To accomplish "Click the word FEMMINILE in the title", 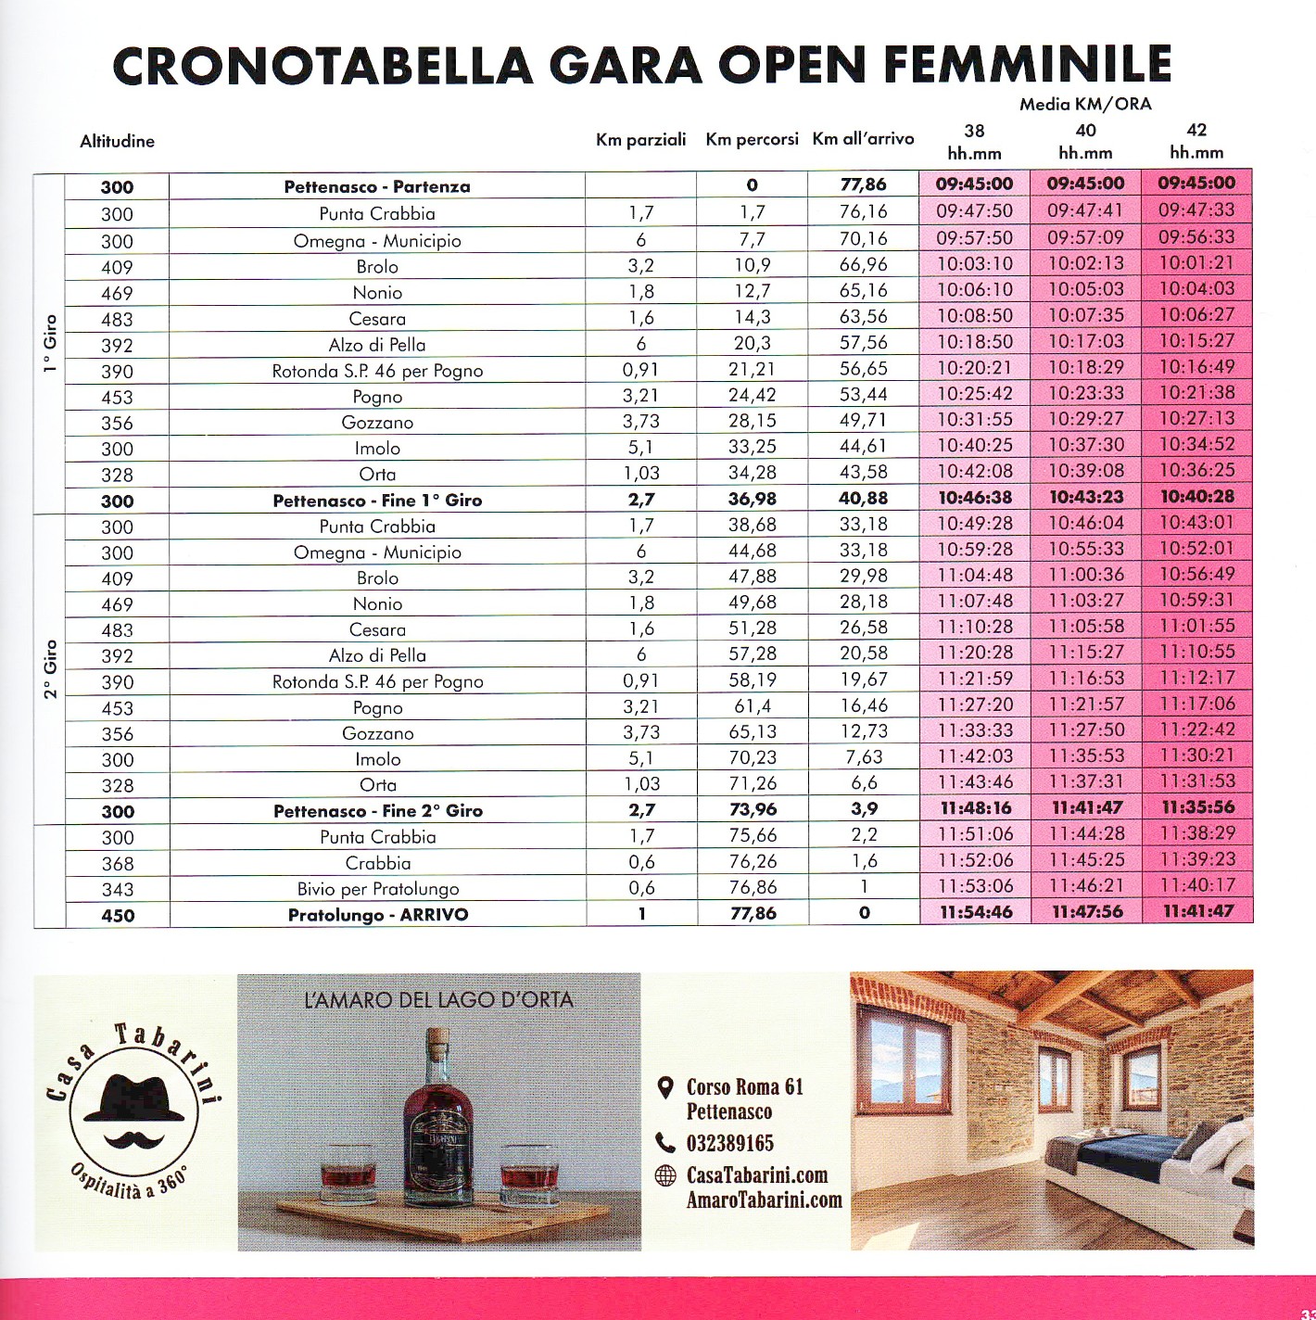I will click(x=1028, y=64).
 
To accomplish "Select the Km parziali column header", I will click(x=640, y=140).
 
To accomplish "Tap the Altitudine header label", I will click(x=117, y=142).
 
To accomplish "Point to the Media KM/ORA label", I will click(x=1085, y=104).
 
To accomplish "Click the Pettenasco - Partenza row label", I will click(x=377, y=186).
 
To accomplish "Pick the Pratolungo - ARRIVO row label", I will click(x=378, y=915).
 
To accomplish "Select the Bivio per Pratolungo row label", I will click(x=378, y=889).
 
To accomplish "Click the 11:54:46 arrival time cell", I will click(x=975, y=912).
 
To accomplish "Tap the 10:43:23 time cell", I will click(x=1086, y=498).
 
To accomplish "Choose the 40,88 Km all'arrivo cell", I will click(x=863, y=499).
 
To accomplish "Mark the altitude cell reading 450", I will click(x=118, y=916).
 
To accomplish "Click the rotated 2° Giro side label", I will click(x=50, y=668).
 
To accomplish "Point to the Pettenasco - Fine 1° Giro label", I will click(x=377, y=501).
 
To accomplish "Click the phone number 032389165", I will click(x=729, y=1143).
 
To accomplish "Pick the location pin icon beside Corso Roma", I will click(x=664, y=1087).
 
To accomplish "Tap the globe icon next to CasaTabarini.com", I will click(x=665, y=1175).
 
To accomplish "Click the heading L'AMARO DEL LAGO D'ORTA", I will click(x=438, y=1000).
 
